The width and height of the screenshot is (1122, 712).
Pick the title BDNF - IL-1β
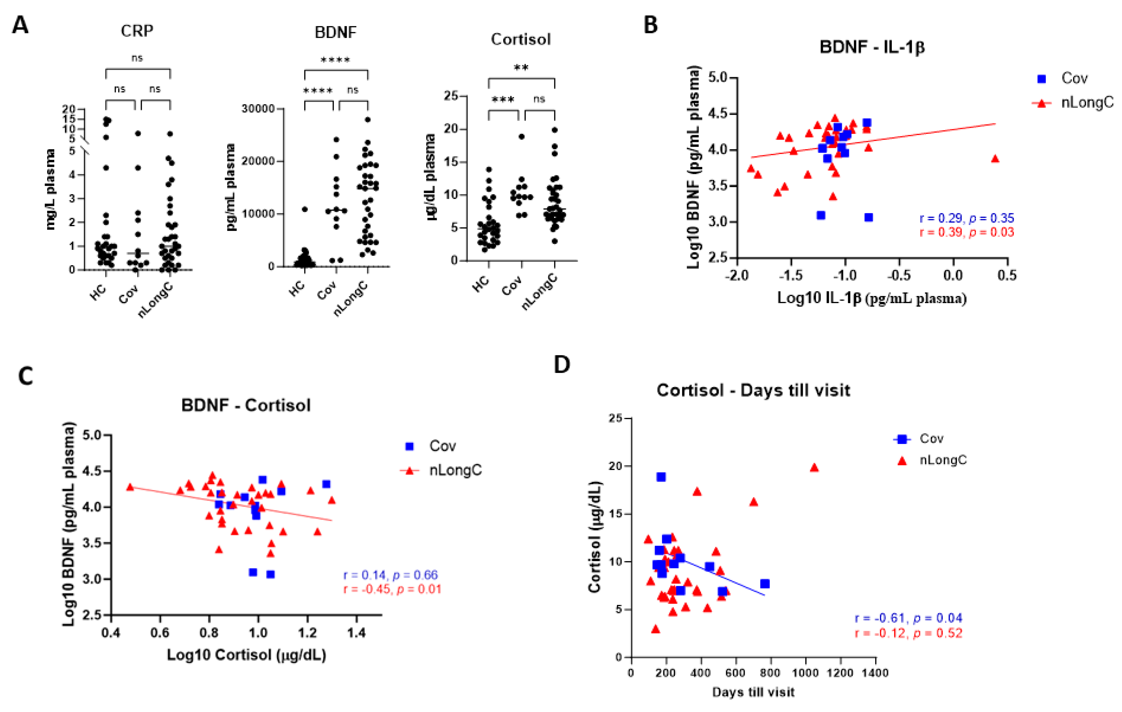coord(872,47)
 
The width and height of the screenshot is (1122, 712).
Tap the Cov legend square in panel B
coord(1041,79)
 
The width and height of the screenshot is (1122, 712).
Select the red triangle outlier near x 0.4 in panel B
coord(995,159)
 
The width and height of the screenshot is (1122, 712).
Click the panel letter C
coord(26,376)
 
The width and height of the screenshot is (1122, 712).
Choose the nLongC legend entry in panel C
coord(455,470)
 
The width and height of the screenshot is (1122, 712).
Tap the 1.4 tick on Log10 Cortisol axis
coord(356,633)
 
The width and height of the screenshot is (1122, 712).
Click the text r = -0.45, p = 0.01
coord(392,589)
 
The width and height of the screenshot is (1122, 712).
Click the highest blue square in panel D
coord(661,477)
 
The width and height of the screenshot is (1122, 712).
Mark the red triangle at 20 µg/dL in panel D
coord(814,467)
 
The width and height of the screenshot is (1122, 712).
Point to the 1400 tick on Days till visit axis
coord(875,673)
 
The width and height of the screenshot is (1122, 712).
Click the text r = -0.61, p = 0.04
coord(908,618)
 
